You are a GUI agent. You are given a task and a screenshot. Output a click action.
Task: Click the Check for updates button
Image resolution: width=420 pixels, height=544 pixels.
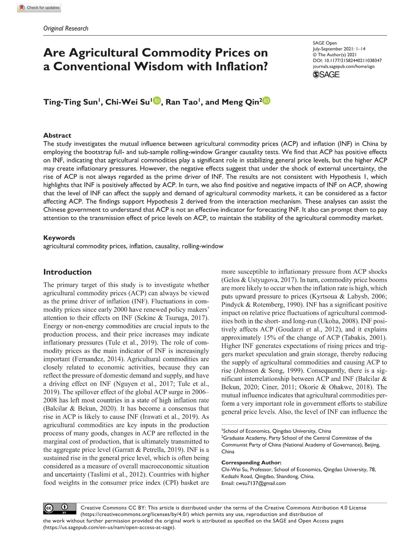(39, 8)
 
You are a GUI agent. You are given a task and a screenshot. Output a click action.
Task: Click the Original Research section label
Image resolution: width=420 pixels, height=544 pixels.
(66, 29)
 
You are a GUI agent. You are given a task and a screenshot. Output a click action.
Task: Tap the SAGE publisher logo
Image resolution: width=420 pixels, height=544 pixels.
(326, 75)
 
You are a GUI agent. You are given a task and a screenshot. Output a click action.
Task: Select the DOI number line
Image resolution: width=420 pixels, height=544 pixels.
(347, 61)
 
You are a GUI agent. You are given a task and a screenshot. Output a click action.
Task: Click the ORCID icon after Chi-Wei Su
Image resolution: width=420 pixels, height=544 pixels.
(157, 100)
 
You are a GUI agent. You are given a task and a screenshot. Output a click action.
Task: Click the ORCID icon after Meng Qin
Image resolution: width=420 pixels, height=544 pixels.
(266, 100)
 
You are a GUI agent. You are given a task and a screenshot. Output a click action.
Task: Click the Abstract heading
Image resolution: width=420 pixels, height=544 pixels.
(57, 136)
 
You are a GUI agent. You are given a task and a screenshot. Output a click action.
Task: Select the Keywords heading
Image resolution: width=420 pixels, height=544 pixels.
(59, 238)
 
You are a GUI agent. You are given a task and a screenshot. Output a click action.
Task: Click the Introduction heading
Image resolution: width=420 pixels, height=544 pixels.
(67, 272)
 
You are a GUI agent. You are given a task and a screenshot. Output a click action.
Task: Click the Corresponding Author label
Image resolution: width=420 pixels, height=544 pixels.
(251, 462)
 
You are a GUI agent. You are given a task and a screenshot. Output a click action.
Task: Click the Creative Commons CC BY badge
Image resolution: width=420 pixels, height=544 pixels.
(60, 508)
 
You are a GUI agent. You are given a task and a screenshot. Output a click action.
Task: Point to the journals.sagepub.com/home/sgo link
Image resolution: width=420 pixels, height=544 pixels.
(343, 67)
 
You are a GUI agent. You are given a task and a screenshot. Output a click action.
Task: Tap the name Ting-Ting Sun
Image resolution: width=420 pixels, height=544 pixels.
(71, 102)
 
